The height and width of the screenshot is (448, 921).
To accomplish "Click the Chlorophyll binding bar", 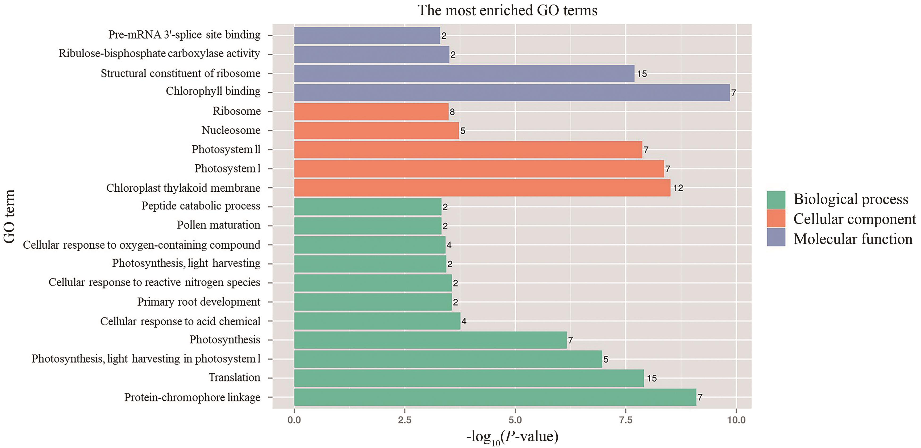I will coord(511,93).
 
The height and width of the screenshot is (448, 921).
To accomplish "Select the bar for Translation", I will coord(469,378).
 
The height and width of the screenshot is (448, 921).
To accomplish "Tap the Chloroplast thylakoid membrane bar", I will coord(482,188).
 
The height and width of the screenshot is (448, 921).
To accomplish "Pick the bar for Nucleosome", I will coord(376,131).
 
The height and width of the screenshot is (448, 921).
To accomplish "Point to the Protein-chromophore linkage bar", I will coord(495,397).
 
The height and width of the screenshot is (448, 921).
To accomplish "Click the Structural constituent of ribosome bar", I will coord(464,74).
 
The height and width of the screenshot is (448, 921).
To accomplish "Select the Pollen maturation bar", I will coord(368,226).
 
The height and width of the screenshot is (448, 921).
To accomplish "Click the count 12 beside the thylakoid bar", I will coord(678,188).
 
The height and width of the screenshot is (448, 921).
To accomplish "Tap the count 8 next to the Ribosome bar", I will coord(452,112).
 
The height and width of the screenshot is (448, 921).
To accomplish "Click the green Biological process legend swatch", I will coord(776,200).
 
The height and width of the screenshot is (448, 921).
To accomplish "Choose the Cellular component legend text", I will coord(855,219).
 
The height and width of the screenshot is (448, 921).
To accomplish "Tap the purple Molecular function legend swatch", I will coord(776,238).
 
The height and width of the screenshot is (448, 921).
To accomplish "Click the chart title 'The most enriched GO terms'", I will coord(507,10).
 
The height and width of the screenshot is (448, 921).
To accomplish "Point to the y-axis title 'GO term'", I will coord(9,216).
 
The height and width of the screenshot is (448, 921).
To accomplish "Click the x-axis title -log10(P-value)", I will coord(512,437).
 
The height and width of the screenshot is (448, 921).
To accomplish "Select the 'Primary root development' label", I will coord(198,302).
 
